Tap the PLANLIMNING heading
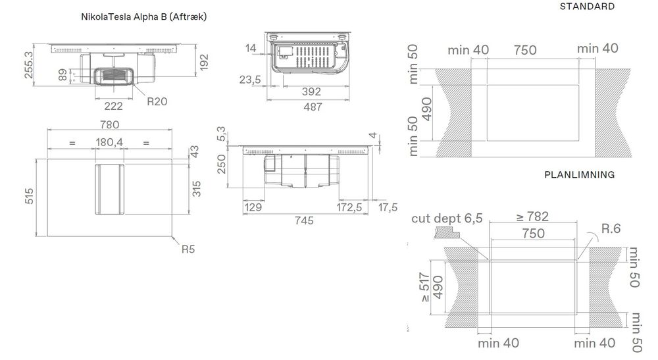pos(579,175)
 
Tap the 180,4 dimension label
pos(109,142)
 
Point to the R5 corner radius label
pos(189,249)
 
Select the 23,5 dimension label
pos(251,80)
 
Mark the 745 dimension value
pos(303,220)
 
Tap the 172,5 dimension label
pos(349,207)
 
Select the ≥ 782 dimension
pos(533,217)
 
